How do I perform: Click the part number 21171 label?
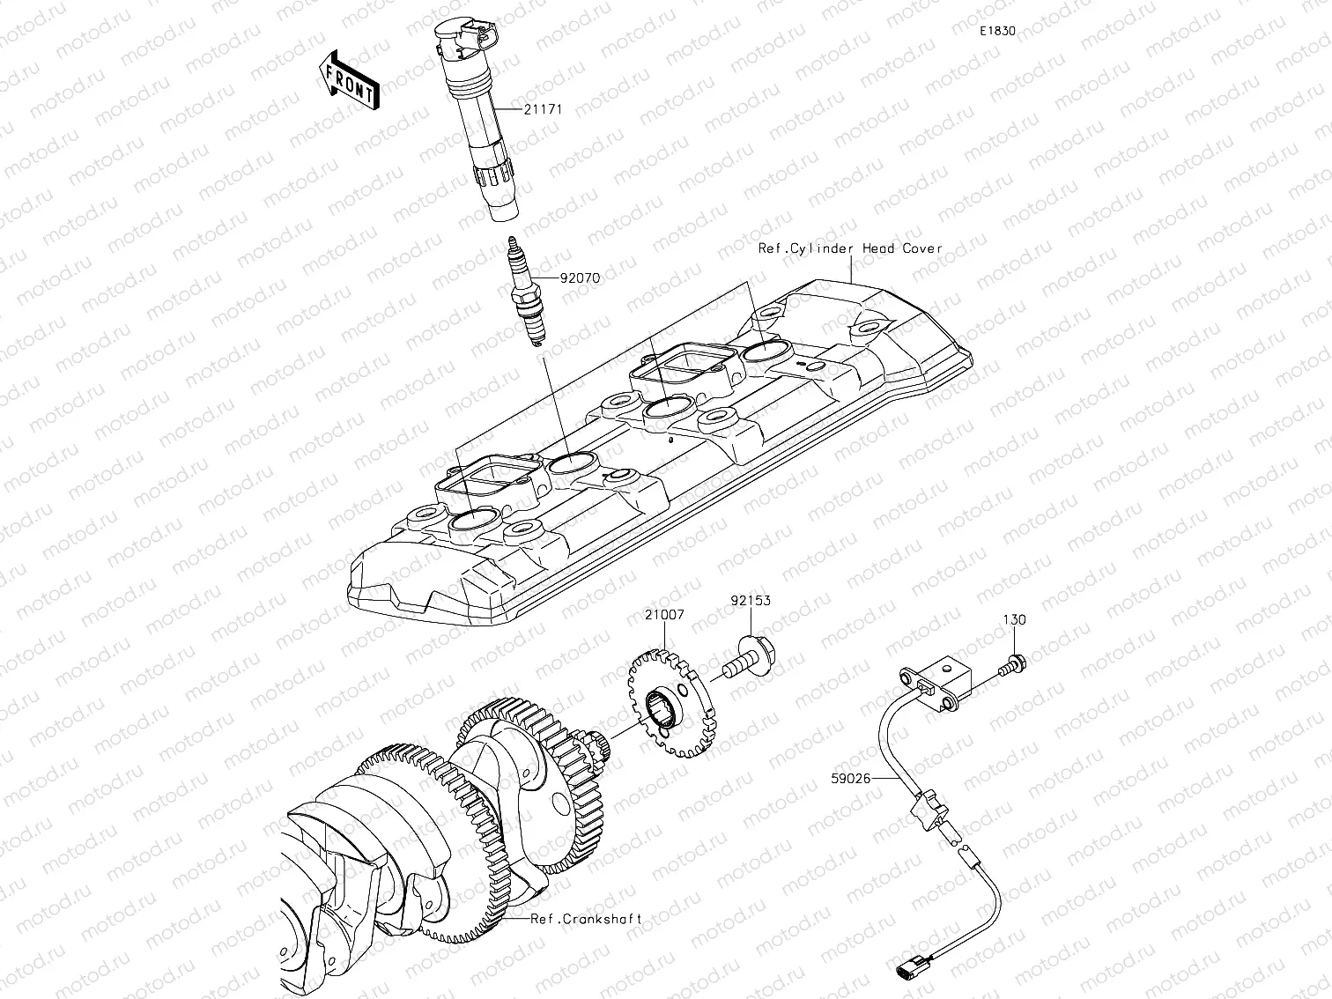click(x=542, y=110)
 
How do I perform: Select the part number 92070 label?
click(x=580, y=277)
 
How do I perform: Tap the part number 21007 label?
click(x=663, y=614)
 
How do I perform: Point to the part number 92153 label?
click(x=750, y=601)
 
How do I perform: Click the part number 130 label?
click(x=1014, y=620)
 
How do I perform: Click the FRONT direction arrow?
click(x=350, y=80)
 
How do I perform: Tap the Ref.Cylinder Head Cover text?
click(x=850, y=248)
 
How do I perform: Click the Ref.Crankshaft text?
click(x=586, y=919)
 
